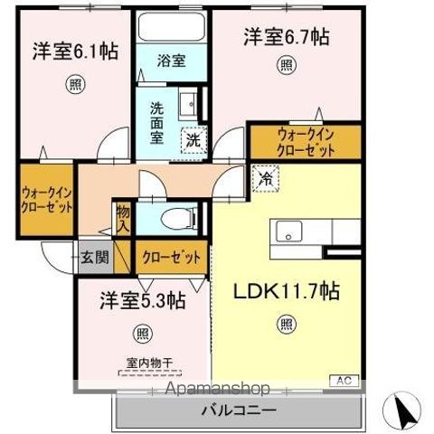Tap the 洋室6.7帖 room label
tap(285, 37)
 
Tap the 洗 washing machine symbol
tap(193, 139)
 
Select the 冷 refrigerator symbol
tap(266, 180)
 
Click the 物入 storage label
tap(122, 218)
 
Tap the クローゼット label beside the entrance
tap(172, 258)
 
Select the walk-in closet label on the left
tap(45, 199)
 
